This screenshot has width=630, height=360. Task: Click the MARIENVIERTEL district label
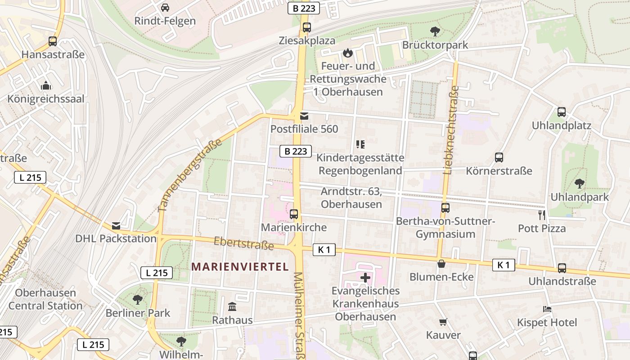click(240, 266)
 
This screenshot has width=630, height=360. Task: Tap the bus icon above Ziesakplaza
click(307, 27)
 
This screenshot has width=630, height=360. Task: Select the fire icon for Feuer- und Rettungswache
click(347, 53)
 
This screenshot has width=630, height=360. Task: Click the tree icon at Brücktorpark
click(435, 31)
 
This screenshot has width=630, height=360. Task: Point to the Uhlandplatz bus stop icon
click(561, 112)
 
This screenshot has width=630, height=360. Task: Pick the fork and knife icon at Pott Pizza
click(542, 215)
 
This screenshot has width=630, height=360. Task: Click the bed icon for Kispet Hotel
click(547, 309)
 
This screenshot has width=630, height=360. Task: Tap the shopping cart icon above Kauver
click(443, 322)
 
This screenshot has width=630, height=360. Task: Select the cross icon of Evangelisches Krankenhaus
click(365, 278)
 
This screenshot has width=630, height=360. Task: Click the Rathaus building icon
click(232, 307)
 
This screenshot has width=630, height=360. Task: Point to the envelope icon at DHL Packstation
click(116, 225)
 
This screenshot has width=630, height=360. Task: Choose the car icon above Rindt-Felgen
click(165, 8)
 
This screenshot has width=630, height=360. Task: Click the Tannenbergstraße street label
click(190, 175)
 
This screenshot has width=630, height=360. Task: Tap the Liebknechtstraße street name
click(451, 130)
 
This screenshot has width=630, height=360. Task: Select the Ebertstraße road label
click(243, 243)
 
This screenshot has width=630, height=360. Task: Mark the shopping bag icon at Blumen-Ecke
click(441, 264)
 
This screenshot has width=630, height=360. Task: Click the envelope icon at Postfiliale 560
click(304, 116)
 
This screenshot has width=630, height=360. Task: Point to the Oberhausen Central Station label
click(45, 299)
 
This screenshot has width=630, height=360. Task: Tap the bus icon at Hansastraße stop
click(53, 41)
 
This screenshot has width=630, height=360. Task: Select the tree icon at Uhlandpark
click(580, 183)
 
